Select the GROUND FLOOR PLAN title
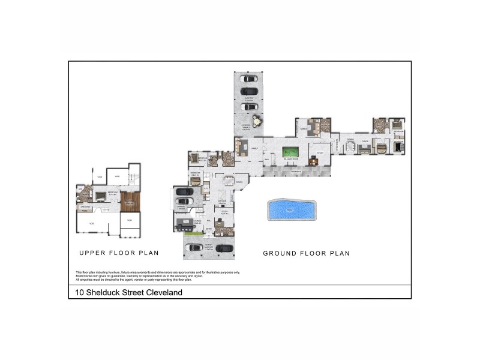(306, 253)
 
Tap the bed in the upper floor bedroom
(100, 195)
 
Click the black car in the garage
(184, 193)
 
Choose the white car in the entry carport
(195, 247)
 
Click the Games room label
(304, 128)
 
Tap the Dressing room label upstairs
(85, 206)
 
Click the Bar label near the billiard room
(266, 160)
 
